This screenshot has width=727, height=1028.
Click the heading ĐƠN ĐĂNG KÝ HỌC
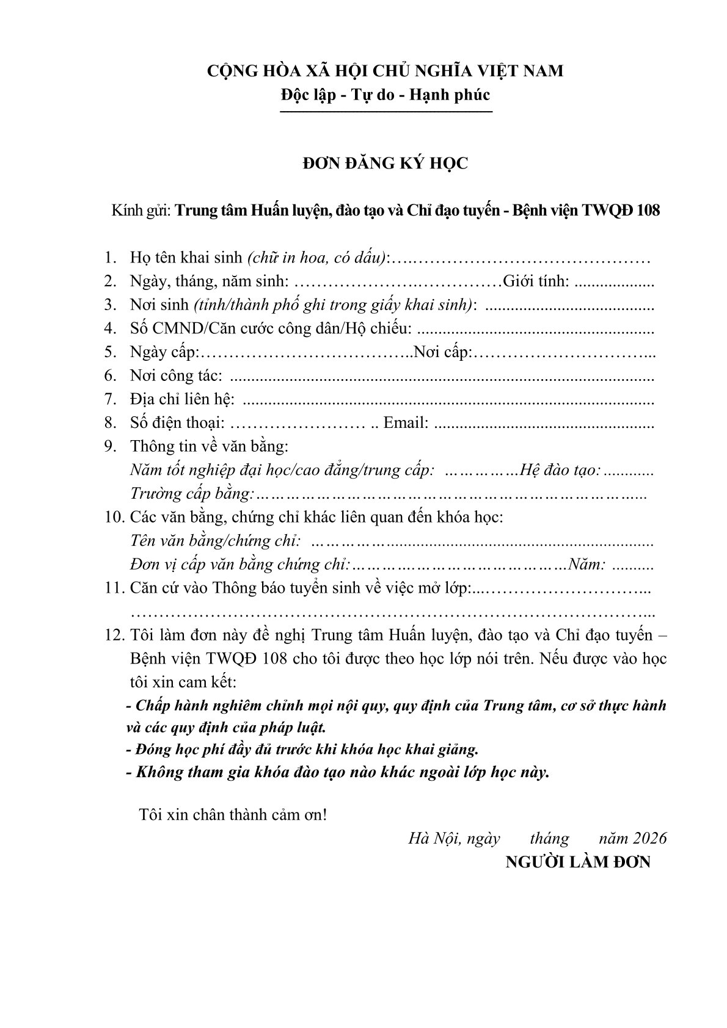tap(385, 164)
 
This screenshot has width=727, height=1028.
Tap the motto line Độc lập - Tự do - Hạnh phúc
tap(385, 95)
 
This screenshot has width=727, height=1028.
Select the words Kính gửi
tap(141, 211)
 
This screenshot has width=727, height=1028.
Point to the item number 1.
tap(110, 258)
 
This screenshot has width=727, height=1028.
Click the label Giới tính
tap(536, 281)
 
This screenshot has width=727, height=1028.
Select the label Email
tap(406, 423)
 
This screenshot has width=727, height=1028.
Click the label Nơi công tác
tap(176, 376)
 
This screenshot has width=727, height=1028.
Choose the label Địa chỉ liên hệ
tap(182, 400)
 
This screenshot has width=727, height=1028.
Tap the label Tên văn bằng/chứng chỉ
tap(216, 541)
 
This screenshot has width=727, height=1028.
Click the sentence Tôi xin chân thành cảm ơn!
tap(233, 814)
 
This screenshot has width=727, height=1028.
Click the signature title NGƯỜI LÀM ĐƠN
tap(578, 863)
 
